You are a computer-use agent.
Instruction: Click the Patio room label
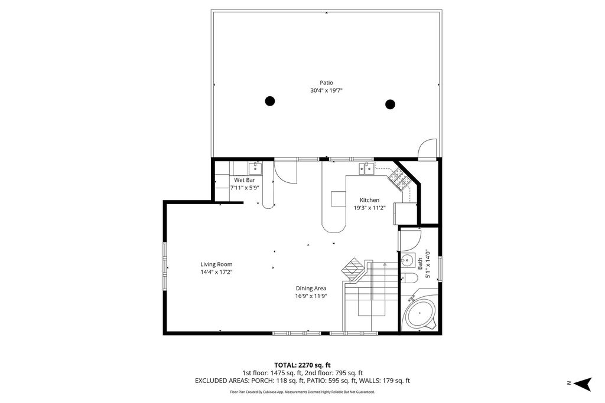tap(326, 83)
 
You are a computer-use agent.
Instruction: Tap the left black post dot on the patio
tap(269, 101)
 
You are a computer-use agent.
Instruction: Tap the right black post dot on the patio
tap(390, 104)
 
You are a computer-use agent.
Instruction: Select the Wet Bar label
tap(245, 180)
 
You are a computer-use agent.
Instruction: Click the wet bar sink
tap(255, 168)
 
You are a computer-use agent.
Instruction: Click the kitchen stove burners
tap(400, 178)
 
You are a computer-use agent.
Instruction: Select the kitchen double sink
tap(366, 169)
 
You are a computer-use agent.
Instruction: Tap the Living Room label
tap(216, 264)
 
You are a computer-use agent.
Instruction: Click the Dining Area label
tap(311, 289)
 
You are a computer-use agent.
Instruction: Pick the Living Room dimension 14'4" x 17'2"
tap(216, 272)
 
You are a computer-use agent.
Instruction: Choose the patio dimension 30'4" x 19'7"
tap(326, 90)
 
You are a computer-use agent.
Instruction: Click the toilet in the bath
tap(408, 279)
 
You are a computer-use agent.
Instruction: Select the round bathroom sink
tap(406, 260)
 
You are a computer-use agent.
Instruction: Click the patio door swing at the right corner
tap(427, 149)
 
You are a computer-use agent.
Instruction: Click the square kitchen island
tap(338, 199)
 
